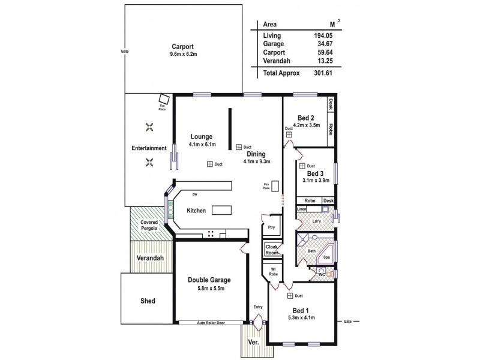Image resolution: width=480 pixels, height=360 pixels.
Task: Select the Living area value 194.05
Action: [323, 35]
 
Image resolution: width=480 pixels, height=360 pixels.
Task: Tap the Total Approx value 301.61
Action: [322, 73]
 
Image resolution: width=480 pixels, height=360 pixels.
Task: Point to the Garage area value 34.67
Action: [323, 44]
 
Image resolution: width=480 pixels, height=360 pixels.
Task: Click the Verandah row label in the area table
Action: [277, 61]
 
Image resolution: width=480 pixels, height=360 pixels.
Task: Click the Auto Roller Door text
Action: [212, 323]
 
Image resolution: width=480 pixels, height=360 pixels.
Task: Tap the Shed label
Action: [147, 301]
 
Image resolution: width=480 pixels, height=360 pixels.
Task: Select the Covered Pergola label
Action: [149, 226]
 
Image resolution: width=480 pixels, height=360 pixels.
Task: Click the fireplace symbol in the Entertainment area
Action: [163, 99]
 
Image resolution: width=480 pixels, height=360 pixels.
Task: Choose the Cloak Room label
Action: [272, 249]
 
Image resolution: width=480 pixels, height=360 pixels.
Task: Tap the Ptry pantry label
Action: [271, 227]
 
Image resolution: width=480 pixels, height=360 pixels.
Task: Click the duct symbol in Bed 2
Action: [289, 136]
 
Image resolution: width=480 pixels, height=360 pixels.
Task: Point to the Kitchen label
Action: [196, 211]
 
